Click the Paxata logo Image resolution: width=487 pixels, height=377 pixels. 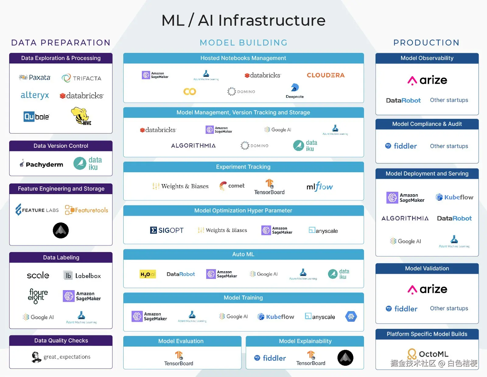(x=35, y=77)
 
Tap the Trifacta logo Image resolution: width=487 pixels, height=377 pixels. (x=82, y=78)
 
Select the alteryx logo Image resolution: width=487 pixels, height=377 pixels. (x=35, y=95)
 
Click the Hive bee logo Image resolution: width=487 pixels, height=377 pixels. (x=81, y=116)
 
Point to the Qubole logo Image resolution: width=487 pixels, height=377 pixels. (x=37, y=116)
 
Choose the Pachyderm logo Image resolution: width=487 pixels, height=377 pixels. (x=41, y=164)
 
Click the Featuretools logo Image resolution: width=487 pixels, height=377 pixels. (x=87, y=210)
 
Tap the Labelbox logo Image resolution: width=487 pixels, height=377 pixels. (x=82, y=276)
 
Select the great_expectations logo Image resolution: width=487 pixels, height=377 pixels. (x=61, y=357)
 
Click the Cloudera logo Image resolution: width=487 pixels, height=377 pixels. (x=325, y=75)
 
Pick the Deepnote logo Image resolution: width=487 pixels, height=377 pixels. (x=295, y=91)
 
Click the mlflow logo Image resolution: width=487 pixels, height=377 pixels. (x=320, y=186)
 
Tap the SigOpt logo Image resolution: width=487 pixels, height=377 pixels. (x=167, y=230)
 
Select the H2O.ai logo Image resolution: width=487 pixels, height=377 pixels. (x=148, y=274)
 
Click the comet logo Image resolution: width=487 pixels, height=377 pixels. (x=232, y=186)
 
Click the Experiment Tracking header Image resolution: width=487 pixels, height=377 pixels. (x=243, y=167)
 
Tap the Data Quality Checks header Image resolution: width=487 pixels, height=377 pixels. (x=61, y=340)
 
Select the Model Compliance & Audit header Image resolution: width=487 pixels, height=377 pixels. (x=427, y=124)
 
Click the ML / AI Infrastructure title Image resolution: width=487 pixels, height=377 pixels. (x=243, y=20)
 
